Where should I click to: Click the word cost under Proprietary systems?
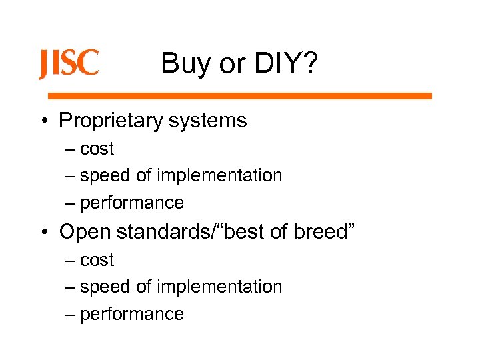tap(97, 149)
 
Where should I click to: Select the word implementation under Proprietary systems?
tap(220, 176)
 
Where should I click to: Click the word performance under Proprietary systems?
tap(131, 203)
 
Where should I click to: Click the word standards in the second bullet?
tap(160, 231)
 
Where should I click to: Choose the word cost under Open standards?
tap(97, 261)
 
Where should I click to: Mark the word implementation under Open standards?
tap(220, 287)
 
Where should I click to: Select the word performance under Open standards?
tap(131, 314)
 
